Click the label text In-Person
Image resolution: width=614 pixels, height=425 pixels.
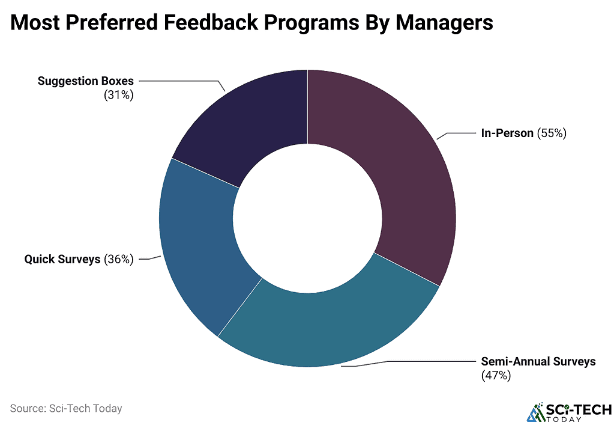coord(507,133)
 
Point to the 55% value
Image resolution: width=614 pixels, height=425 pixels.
coord(552,133)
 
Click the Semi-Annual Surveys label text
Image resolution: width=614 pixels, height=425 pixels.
coord(538,361)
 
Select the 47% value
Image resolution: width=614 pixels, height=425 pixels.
coord(496,376)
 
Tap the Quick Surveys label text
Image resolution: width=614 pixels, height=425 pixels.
coord(62,260)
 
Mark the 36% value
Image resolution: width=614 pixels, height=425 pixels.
coord(118,260)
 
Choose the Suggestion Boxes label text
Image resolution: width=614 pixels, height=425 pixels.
coord(86,81)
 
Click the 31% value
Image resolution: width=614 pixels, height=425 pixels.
coord(118,94)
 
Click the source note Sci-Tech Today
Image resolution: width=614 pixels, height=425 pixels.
coord(66,409)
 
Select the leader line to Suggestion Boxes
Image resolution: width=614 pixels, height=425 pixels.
coord(180,81)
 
